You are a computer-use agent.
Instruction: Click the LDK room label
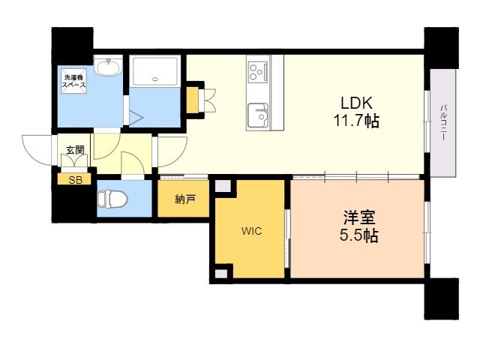coord(357,103)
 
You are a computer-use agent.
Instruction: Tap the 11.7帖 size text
coord(356,121)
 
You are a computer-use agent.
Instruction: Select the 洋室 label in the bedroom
coord(358,217)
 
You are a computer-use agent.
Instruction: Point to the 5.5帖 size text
coord(358,235)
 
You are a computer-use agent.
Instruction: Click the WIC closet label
coord(251,231)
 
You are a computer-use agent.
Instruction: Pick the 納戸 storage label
coord(185,199)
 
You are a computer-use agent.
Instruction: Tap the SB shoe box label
coord(75,180)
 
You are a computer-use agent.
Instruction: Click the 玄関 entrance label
coord(75,150)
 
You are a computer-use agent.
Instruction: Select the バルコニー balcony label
coord(443,123)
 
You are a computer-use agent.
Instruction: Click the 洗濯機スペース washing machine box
coord(73,80)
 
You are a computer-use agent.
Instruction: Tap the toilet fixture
coord(112,199)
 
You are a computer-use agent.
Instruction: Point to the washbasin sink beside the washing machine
coord(107,66)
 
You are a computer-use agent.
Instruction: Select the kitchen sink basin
coord(258,115)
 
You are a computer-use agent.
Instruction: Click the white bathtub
coord(155,71)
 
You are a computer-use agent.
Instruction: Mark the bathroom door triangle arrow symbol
coord(136,118)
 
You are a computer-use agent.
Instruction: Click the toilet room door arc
coord(133,163)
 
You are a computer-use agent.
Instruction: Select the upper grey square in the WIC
coord(223,186)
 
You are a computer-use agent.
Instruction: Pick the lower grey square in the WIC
coord(221,273)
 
